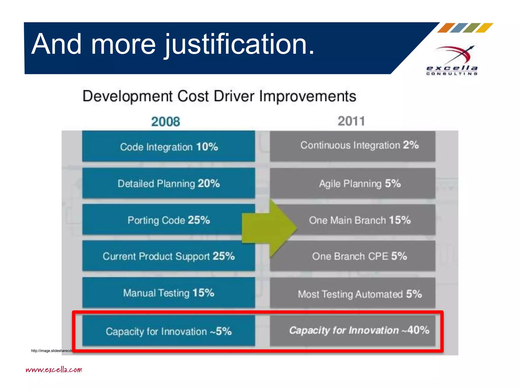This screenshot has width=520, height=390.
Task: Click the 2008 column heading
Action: coord(166,122)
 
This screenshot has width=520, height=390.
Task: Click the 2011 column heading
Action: coord(351,121)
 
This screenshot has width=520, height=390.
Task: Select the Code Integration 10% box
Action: coord(169,147)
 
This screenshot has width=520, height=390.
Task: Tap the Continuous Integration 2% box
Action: coord(352,145)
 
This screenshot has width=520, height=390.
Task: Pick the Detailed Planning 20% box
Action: coord(169,183)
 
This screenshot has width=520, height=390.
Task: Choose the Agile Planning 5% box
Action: coord(352,183)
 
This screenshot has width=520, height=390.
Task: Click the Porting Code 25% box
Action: coord(162,220)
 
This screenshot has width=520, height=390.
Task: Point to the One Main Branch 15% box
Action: coord(360,220)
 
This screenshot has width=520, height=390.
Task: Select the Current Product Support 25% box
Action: coord(169,256)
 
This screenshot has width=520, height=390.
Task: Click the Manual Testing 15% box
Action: coord(169,293)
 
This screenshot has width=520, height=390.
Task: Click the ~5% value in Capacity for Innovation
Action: coord(221,331)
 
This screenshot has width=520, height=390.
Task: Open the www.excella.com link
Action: coord(54,370)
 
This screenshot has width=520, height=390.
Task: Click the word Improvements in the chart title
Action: coord(307,96)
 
